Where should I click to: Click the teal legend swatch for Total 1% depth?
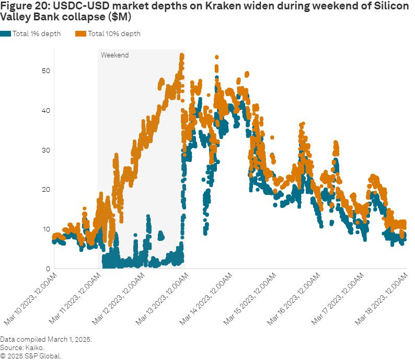tap(6, 33)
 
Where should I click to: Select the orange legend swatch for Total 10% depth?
tap(80, 33)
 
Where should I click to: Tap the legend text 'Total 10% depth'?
tap(114, 34)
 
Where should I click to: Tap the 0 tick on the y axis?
tap(47, 269)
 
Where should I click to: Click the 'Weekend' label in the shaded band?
tap(114, 55)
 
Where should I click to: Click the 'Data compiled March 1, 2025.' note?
tap(46, 339)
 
